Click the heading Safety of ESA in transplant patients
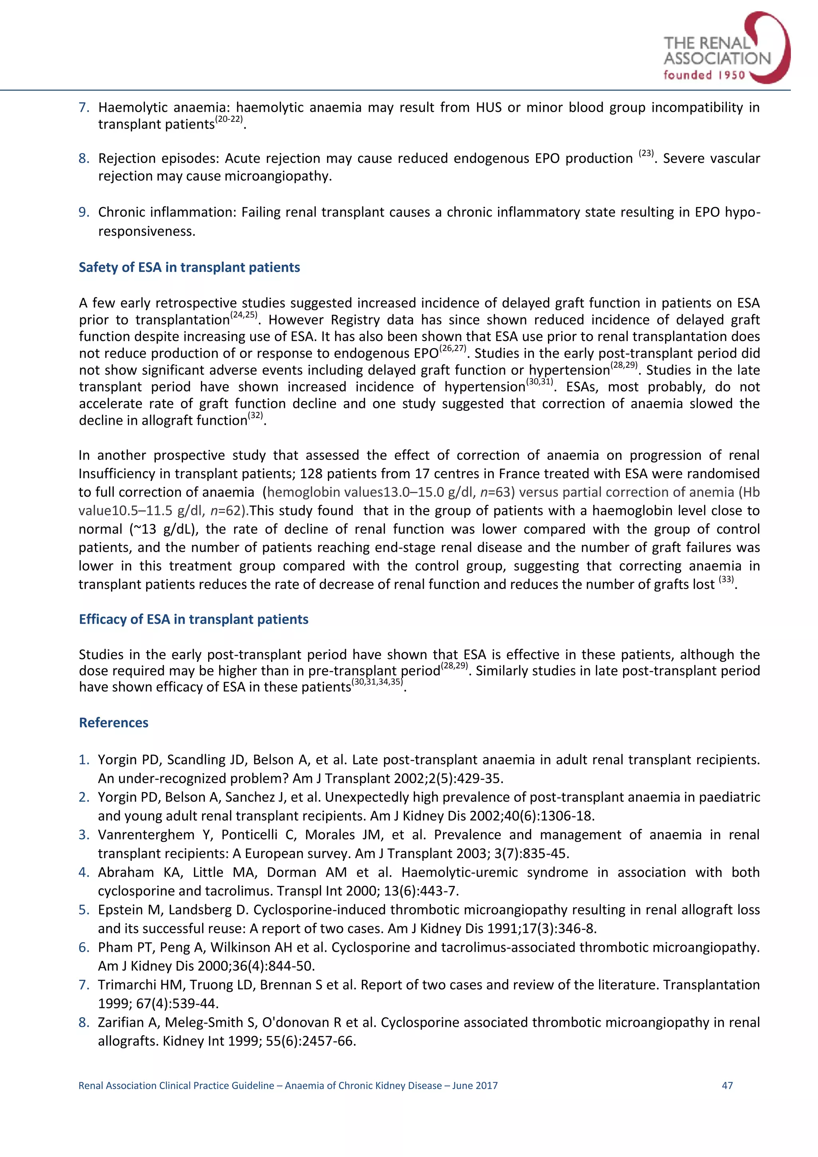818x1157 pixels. coord(189,267)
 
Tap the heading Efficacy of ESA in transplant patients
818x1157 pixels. coord(194,619)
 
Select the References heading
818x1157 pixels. coord(113,723)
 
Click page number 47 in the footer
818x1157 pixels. coord(727,1086)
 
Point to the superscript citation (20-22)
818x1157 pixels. coord(229,119)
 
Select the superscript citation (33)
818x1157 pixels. coord(726,580)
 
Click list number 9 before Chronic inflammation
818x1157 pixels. coord(83,212)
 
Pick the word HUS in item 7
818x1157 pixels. coord(489,107)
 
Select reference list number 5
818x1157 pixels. coord(83,910)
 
